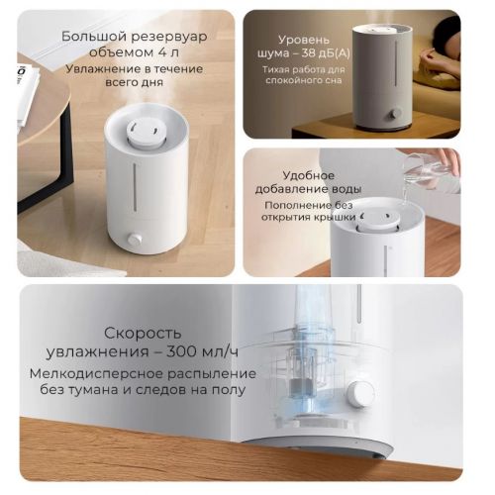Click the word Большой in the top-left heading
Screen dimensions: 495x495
coord(94,37)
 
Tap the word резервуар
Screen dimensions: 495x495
coord(168,38)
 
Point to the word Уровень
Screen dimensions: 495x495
coord(304,41)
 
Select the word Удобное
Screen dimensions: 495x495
coord(309,175)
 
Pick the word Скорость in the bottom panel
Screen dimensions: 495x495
coord(143,334)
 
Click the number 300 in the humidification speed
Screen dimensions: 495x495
coord(182,351)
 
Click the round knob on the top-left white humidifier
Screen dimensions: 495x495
coord(135,239)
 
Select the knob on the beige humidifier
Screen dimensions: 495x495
coord(395,114)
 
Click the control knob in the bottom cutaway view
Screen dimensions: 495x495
coord(360,393)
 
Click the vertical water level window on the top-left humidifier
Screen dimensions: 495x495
coord(135,187)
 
